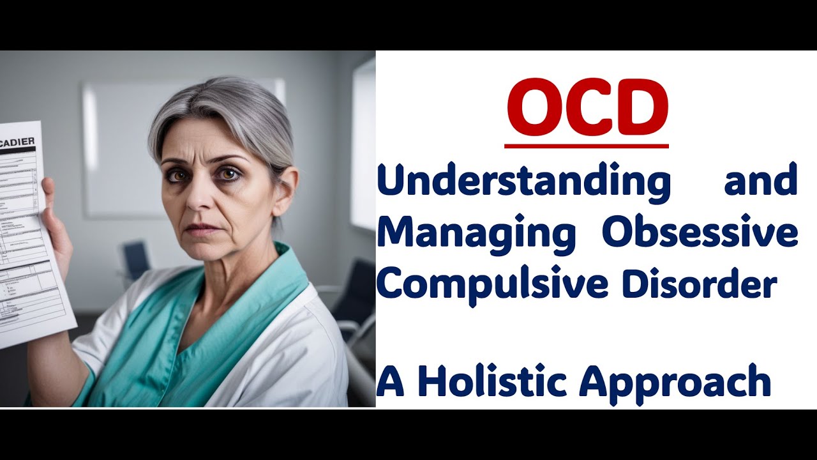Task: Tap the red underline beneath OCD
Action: (x=587, y=146)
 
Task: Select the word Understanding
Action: (x=523, y=182)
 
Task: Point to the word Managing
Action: (x=476, y=234)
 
